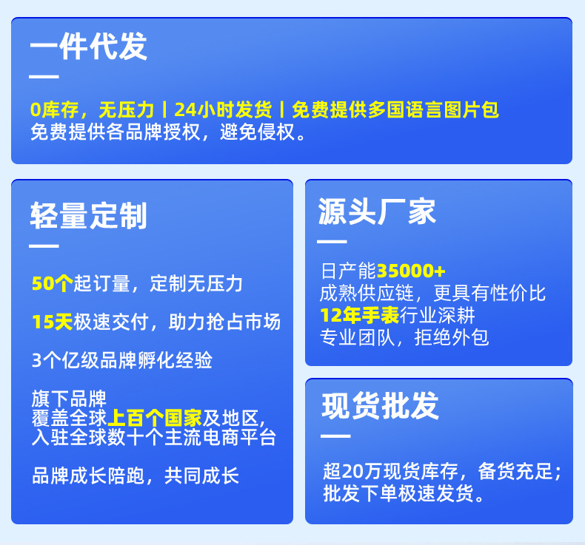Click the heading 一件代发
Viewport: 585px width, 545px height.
point(89,46)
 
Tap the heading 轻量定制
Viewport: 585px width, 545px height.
point(89,216)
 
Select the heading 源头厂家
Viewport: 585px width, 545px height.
point(377,211)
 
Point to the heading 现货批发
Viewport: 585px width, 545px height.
point(380,406)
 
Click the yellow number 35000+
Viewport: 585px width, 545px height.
point(411,271)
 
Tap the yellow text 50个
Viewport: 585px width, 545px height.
point(53,283)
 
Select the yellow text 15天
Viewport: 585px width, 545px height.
point(53,322)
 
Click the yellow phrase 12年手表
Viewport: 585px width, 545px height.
point(360,315)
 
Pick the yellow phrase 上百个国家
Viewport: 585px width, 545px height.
point(155,418)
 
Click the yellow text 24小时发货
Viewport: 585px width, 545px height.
point(223,109)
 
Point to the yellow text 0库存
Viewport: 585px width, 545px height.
point(55,110)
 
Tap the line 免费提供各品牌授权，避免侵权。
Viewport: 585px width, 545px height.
point(168,132)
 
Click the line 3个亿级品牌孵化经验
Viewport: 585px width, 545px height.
point(122,360)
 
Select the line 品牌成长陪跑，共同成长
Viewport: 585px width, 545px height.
point(136,475)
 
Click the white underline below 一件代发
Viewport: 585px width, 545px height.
point(44,77)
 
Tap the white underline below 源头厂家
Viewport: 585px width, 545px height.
point(332,242)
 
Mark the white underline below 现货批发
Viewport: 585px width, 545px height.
point(335,436)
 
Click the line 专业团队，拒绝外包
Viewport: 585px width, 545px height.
point(404,337)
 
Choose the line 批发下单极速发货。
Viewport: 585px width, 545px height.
point(404,493)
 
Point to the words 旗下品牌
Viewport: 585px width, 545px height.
point(69,399)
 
